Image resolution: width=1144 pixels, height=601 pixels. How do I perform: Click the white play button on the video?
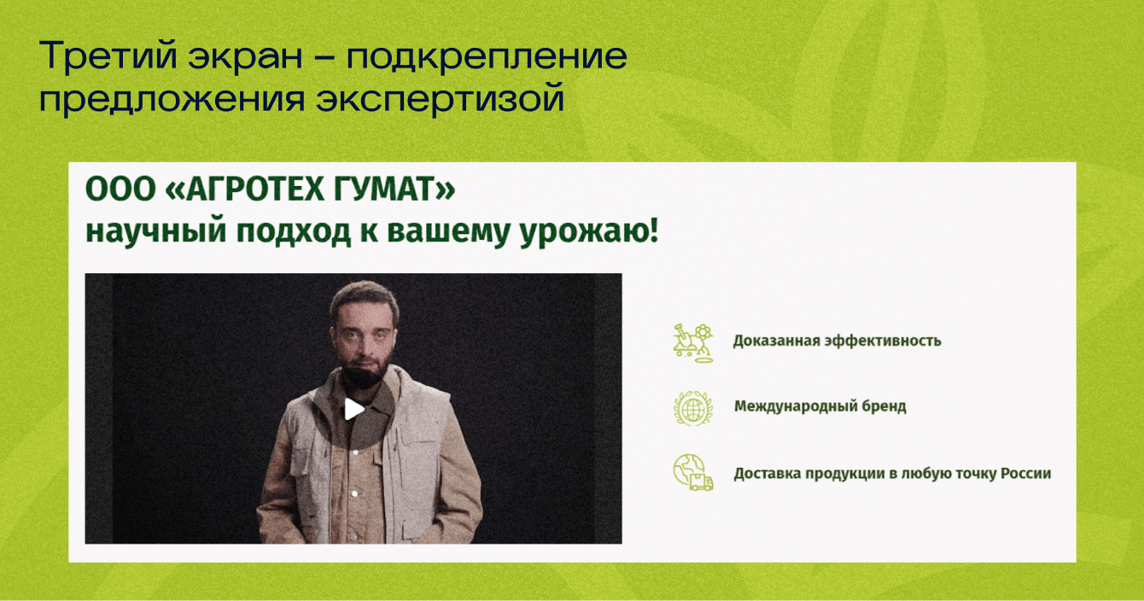354,409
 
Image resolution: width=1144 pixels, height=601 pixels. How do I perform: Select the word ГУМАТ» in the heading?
394,190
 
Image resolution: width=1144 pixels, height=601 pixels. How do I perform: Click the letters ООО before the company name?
120,190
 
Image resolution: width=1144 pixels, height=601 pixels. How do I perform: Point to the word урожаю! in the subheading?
589,232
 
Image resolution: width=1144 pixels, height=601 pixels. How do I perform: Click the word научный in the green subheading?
155,232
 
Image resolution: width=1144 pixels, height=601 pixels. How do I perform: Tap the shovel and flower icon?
693,343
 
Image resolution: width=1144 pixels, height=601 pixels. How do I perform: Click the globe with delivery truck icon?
693,473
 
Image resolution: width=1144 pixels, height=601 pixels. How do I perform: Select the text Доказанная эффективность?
837,341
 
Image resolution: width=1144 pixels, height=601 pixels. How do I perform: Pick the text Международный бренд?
820,406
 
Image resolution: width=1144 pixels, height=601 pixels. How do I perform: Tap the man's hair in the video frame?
365,298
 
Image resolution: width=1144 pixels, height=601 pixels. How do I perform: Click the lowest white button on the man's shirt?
355,494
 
